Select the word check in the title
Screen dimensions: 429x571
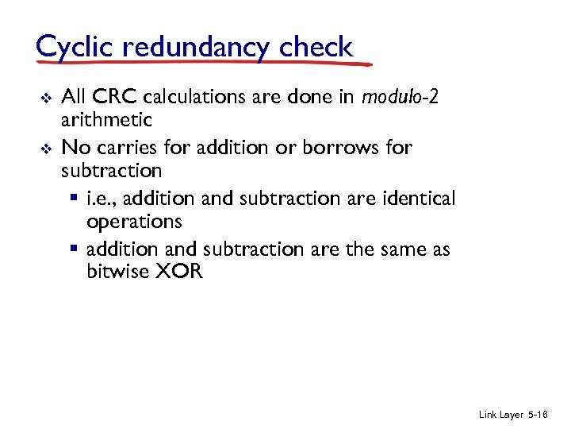(316, 47)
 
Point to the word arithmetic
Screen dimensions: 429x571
(106, 121)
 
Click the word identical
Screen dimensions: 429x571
(419, 198)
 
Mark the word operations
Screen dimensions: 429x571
(134, 221)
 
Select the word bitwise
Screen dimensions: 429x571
(117, 272)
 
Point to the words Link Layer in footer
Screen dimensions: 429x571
(501, 415)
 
